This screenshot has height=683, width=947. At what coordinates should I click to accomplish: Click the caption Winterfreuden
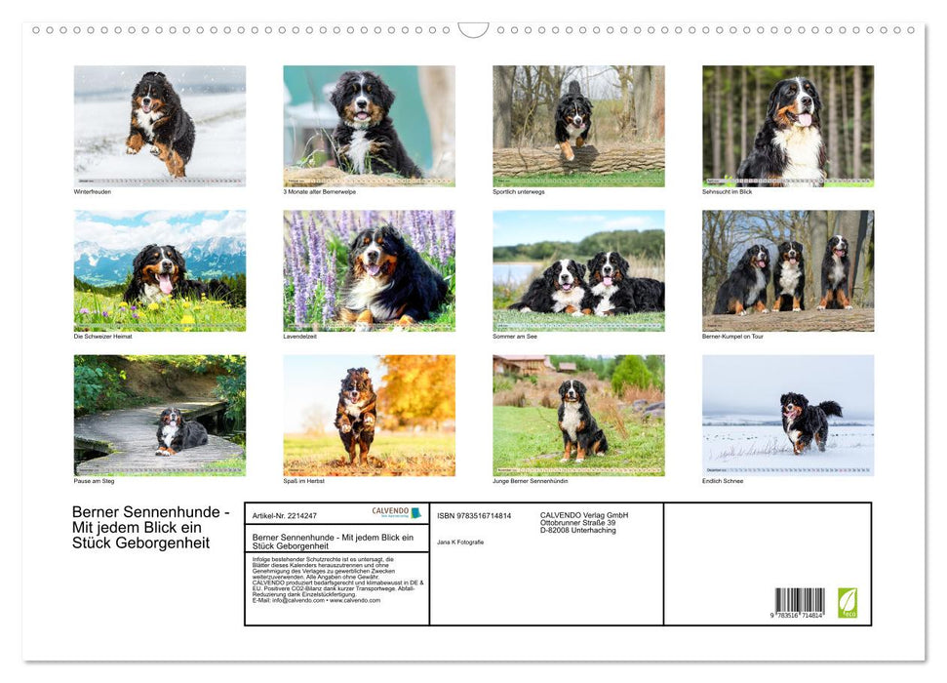93,191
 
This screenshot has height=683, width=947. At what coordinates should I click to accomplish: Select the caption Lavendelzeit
301,336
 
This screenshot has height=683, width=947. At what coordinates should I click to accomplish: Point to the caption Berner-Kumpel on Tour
732,336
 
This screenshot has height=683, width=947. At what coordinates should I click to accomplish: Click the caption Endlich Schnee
723,481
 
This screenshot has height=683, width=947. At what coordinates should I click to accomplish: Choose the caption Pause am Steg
95,481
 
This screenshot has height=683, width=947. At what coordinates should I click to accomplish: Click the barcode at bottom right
800,601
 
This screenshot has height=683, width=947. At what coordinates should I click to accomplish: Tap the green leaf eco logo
848,601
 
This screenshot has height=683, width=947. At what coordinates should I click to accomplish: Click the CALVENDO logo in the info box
396,512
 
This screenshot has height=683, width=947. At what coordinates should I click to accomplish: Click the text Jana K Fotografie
460,542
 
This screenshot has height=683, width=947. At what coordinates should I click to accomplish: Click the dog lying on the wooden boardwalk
179,432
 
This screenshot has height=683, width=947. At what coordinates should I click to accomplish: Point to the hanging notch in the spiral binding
473,30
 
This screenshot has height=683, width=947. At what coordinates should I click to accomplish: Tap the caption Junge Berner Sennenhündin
531,481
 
